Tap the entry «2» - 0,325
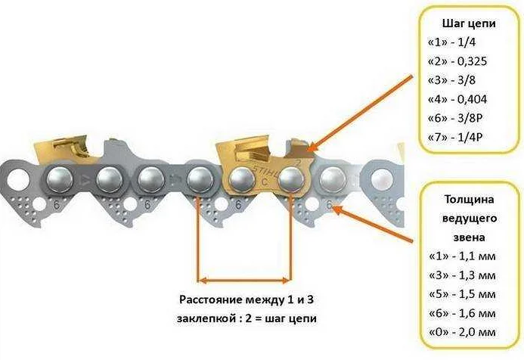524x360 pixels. coord(460,61)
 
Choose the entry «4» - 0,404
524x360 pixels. coord(460,101)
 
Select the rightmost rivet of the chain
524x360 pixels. coord(330,179)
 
